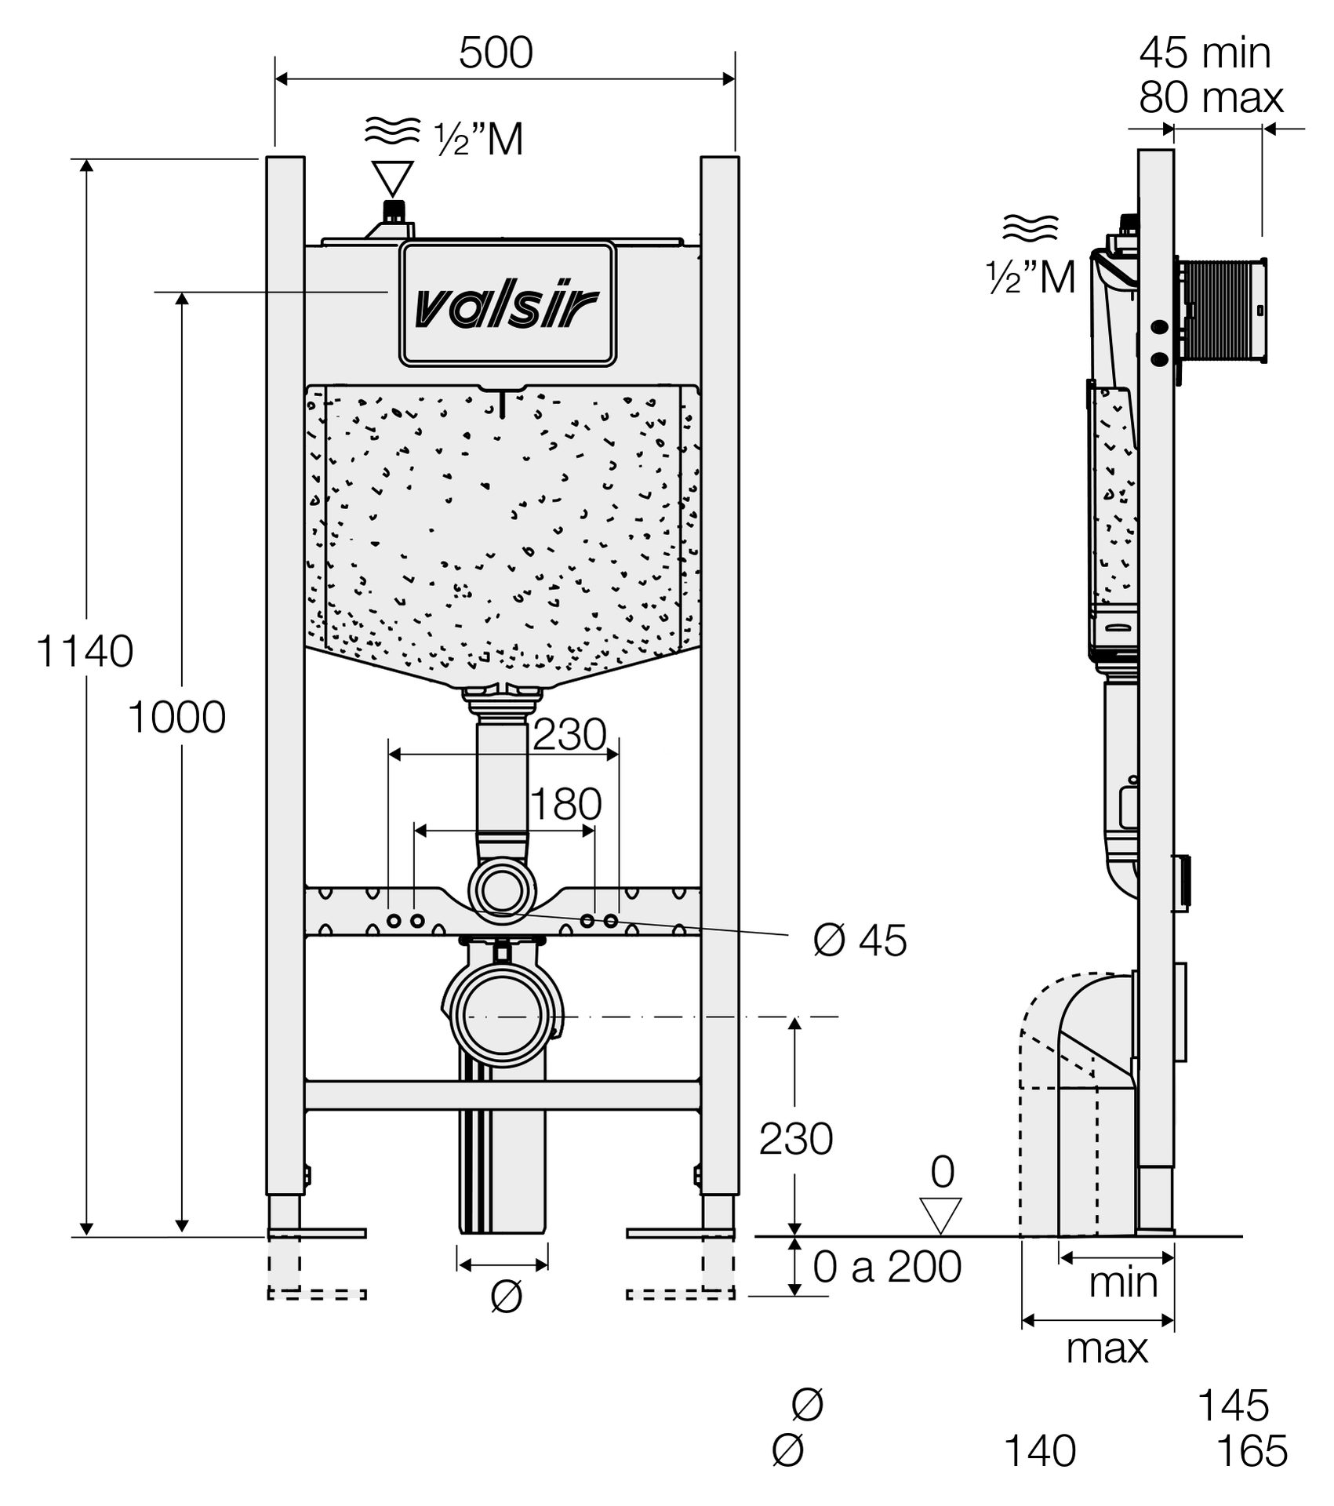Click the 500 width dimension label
(496, 53)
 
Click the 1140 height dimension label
(85, 651)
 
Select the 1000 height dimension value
(176, 717)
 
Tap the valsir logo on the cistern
(507, 306)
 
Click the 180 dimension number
(565, 804)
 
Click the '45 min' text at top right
(1205, 53)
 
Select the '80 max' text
(1211, 98)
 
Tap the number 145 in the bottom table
(1233, 1406)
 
